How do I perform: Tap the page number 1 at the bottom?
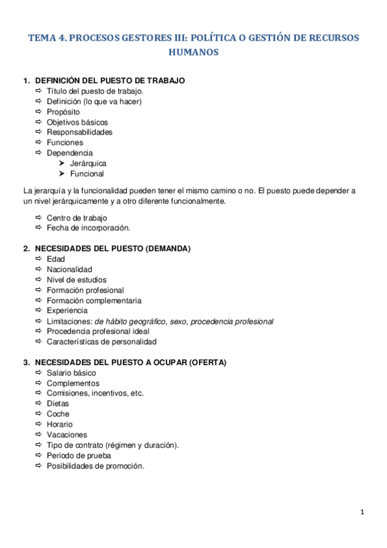tap(362, 512)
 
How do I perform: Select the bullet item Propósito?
tap(63, 112)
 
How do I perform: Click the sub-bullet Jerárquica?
tap(89, 163)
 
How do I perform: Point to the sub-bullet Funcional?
tap(87, 174)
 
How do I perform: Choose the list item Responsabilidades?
tap(79, 132)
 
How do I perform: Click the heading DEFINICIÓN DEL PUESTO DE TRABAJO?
tap(110, 81)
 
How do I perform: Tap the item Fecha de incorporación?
tap(88, 227)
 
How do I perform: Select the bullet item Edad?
tap(56, 259)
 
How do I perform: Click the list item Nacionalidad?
tap(69, 269)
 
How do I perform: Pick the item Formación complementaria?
tap(94, 300)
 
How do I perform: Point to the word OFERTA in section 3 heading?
tap(207, 363)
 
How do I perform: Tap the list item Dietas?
tap(58, 404)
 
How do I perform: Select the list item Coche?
tap(58, 414)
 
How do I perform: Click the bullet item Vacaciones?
tap(67, 435)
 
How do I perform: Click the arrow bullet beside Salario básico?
tap(38, 373)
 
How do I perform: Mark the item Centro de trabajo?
tap(77, 218)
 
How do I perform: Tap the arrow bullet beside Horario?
tap(38, 425)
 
